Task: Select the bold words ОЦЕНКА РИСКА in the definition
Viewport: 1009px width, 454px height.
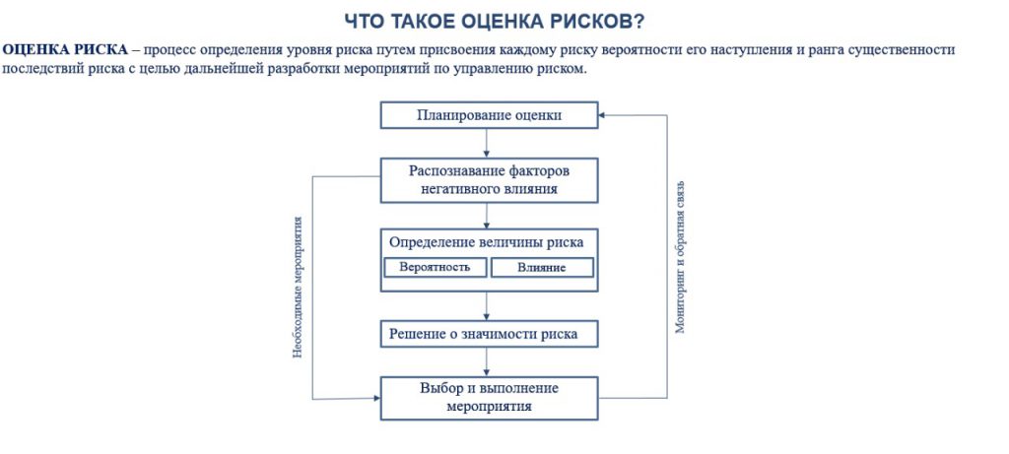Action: coord(65,49)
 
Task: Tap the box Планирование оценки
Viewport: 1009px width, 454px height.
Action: coord(489,115)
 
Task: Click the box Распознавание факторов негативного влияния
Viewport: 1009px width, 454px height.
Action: coord(489,179)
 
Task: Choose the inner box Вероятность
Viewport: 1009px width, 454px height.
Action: coord(435,267)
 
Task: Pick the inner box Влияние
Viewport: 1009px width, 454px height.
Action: coord(542,267)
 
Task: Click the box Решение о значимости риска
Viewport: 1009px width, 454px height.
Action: coord(489,334)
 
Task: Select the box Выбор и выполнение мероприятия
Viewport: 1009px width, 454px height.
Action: coord(489,397)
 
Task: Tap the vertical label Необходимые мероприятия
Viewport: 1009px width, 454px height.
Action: coord(298,287)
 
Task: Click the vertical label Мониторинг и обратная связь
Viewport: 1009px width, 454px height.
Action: coord(679,257)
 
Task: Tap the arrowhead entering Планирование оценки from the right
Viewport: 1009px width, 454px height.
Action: coord(603,115)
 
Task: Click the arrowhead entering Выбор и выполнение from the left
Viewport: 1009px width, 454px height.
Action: coord(375,399)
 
